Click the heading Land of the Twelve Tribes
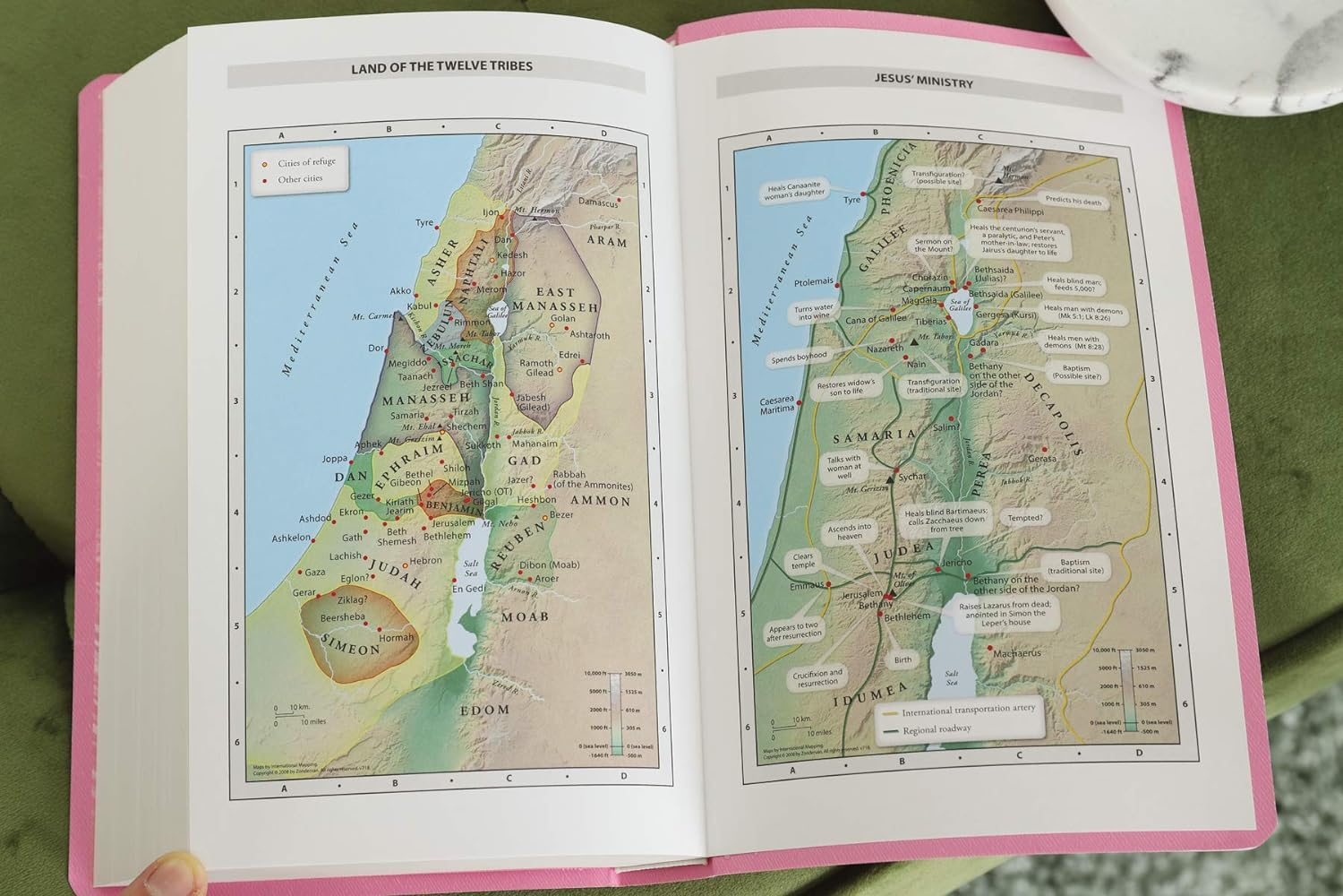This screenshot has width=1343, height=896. click(x=441, y=67)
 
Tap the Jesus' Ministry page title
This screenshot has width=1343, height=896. click(x=923, y=82)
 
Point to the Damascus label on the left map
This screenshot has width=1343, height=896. click(x=598, y=203)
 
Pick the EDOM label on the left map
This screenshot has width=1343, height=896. click(x=484, y=710)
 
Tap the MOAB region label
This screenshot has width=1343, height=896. click(x=525, y=616)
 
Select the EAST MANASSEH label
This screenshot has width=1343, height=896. click(x=567, y=299)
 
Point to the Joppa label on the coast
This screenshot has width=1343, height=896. click(x=334, y=459)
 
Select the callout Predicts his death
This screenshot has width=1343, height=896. click(x=1071, y=201)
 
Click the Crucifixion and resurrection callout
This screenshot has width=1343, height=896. click(x=817, y=677)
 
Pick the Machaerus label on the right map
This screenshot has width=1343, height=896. click(x=1015, y=653)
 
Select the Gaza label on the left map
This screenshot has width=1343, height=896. click(x=315, y=572)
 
